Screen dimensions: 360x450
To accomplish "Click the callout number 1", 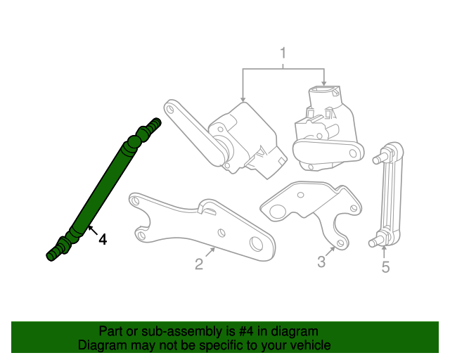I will (x=283, y=53).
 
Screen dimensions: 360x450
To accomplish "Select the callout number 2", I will (x=199, y=264).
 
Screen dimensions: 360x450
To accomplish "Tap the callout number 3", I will (x=321, y=262).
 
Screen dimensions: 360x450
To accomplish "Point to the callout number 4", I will (x=103, y=240).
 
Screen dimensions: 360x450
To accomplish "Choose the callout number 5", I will (x=385, y=266).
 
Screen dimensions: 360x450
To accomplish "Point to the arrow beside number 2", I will (x=210, y=252).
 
